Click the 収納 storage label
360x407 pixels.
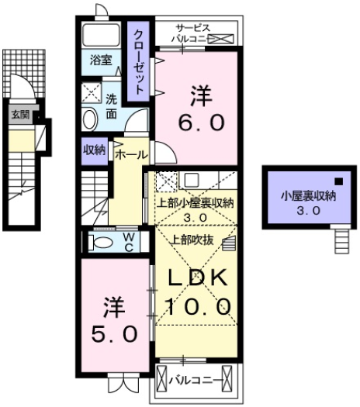click(x=95, y=150)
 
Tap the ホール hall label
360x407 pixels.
click(x=130, y=154)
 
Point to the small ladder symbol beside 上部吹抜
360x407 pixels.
click(x=227, y=243)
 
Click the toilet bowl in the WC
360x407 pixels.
click(x=98, y=243)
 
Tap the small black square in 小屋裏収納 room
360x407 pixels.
click(x=337, y=182)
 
